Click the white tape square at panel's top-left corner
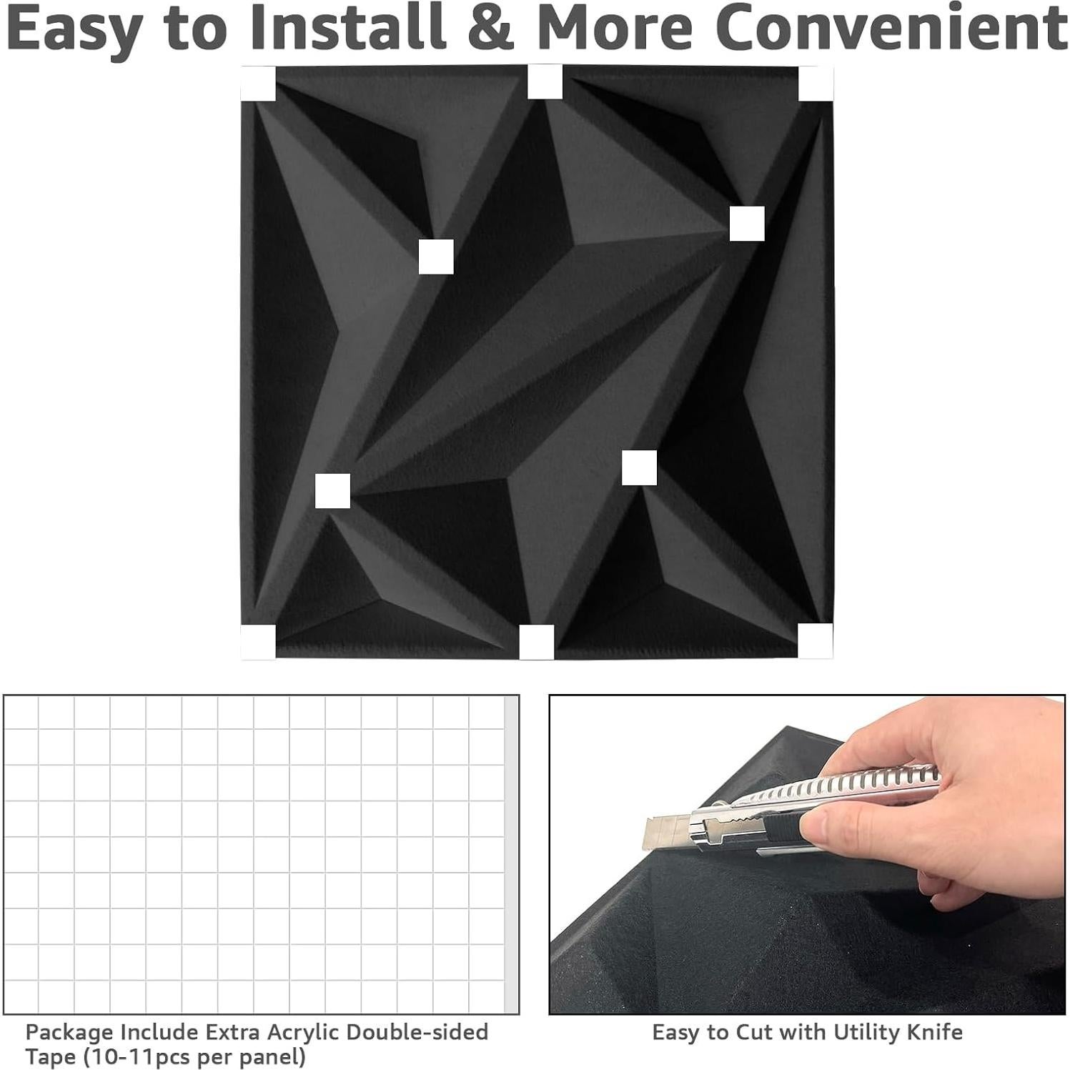click(x=258, y=84)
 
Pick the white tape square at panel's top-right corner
click(x=815, y=84)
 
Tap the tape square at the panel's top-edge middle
click(x=545, y=81)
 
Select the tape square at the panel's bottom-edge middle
click(x=536, y=642)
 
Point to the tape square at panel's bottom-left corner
click(x=258, y=641)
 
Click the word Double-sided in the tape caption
click(x=417, y=1032)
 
